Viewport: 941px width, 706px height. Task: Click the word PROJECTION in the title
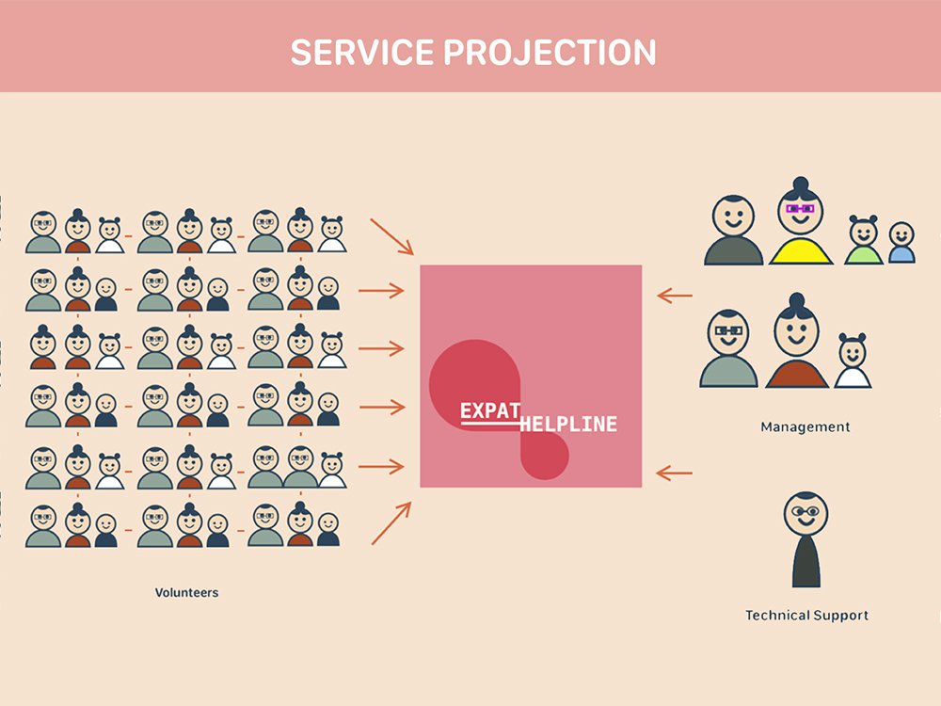pos(550,52)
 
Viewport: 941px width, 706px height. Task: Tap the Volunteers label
pos(186,592)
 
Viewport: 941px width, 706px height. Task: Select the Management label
pos(805,426)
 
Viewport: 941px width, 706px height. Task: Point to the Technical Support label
pos(806,616)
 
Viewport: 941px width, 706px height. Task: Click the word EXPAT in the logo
pos(489,411)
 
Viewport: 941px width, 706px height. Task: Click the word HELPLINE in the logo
pos(567,424)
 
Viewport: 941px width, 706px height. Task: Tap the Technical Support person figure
pos(805,539)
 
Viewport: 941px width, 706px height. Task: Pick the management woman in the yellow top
pos(800,221)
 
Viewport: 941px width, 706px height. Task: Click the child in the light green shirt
pos(864,240)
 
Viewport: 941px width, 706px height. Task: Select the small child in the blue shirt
pos(901,243)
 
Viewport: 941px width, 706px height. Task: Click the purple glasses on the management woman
pos(800,209)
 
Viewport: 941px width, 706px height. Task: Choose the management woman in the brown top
pos(796,341)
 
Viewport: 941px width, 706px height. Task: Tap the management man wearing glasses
pos(728,348)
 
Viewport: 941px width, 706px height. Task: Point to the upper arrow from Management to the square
pos(675,296)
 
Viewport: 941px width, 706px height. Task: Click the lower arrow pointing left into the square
pos(675,473)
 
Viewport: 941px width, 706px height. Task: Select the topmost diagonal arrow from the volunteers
pos(391,236)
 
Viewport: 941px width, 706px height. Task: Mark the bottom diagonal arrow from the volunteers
pos(391,523)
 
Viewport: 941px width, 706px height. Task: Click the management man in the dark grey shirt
pos(733,230)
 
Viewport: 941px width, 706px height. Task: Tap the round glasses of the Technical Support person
pos(805,511)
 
